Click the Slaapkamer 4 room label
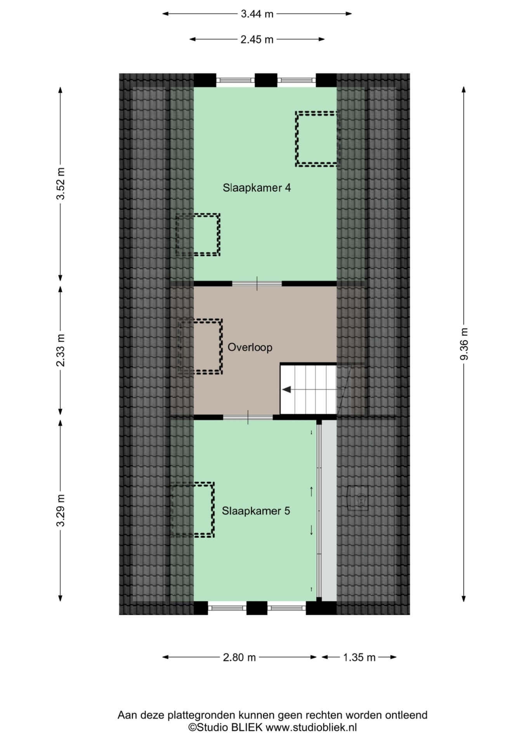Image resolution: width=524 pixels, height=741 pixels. (x=257, y=188)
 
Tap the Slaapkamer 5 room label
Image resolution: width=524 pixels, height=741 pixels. (x=256, y=511)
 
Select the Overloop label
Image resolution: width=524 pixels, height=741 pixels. (x=250, y=347)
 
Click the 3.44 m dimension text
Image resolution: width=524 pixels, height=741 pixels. (x=257, y=14)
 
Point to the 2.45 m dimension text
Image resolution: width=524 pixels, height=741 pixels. (x=257, y=39)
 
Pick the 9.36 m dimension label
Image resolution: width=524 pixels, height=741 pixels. (x=464, y=344)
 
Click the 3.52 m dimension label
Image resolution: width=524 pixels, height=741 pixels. (x=61, y=184)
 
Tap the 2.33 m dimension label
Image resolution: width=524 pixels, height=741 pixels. (x=61, y=350)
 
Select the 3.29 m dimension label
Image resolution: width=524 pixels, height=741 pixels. (x=61, y=510)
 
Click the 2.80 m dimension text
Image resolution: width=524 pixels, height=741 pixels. (x=239, y=657)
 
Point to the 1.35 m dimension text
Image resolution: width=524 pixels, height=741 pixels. (x=359, y=657)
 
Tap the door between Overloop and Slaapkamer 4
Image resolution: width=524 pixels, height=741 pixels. (x=257, y=283)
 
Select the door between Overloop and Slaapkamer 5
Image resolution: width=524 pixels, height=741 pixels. (x=248, y=417)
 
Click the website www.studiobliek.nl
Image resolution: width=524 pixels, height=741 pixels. (x=311, y=727)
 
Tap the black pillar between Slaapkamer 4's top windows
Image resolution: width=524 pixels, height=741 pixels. (x=266, y=80)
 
